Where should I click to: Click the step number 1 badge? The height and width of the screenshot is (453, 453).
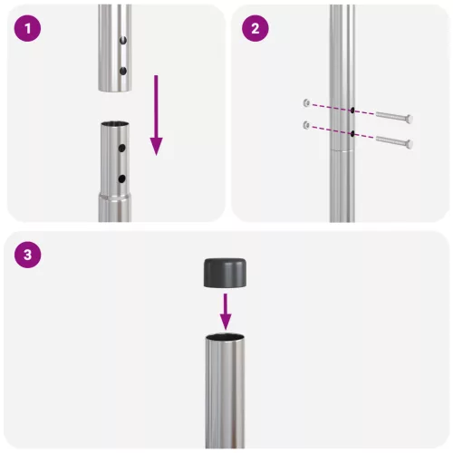pos(31,28)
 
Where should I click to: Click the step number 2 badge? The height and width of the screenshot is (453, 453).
pos(255,28)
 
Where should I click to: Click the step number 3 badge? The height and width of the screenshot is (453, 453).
pos(31,255)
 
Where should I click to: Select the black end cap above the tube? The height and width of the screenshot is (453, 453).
pos(226,271)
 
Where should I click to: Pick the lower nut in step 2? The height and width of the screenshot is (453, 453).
pos(309,123)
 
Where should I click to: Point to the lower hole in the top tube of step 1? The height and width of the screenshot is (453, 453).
pos(122,69)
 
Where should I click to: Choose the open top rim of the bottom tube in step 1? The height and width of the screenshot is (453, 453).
pos(114,126)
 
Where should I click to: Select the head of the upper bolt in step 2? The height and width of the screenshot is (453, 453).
pos(409,119)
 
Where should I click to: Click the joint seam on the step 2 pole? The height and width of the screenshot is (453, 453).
pos(342,149)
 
